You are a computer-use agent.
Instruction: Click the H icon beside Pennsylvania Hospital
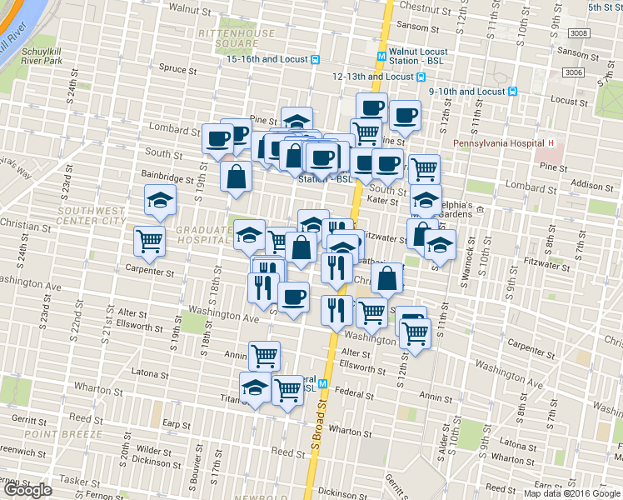[x=551, y=143]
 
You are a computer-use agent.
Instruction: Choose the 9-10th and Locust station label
[x=467, y=92]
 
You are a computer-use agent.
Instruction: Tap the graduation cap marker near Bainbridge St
[x=160, y=200]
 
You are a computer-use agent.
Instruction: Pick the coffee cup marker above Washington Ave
[x=292, y=297]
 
